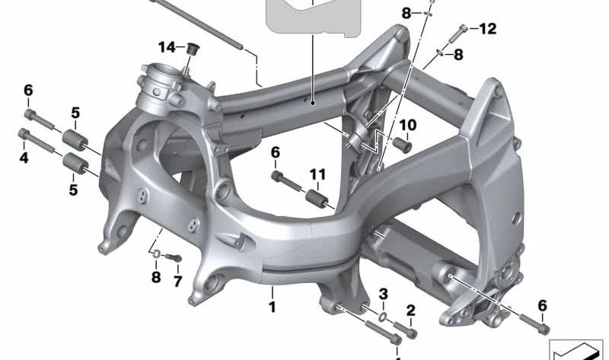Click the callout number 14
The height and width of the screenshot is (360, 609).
(167, 47)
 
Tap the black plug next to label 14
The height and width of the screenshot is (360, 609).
(191, 51)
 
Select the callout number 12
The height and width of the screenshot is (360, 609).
(487, 29)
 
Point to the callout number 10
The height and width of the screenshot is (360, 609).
(407, 124)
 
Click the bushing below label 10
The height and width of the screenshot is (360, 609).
(402, 144)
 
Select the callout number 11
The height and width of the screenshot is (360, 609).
(317, 174)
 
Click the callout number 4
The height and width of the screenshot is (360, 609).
(24, 158)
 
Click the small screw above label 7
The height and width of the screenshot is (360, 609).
(171, 258)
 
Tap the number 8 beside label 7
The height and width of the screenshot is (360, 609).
(155, 278)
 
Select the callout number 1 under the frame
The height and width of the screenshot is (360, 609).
(271, 307)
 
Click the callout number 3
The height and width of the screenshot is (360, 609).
(384, 294)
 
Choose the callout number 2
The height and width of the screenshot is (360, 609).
(410, 310)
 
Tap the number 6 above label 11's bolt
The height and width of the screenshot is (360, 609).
(276, 153)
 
